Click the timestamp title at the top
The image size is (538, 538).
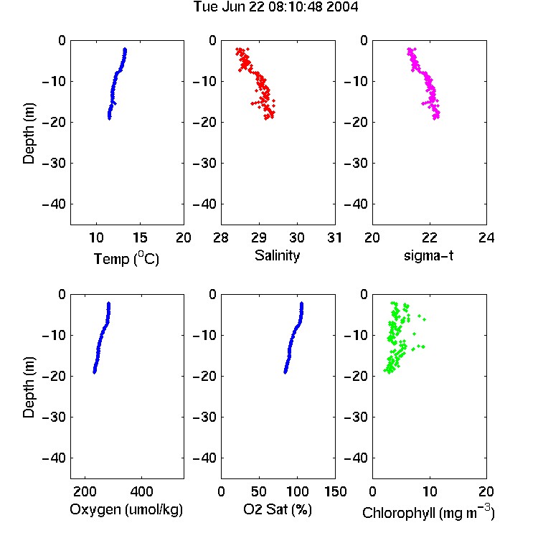tap(276, 7)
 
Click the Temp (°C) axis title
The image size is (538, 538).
tap(126, 258)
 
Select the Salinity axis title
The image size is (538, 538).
tap(277, 255)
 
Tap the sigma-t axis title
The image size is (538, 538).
tap(428, 255)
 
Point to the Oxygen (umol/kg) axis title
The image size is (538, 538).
tap(126, 509)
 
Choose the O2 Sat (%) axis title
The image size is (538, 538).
tap(278, 509)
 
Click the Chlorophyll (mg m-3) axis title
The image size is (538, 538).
tap(428, 512)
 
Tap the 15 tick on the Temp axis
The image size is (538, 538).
tap(140, 237)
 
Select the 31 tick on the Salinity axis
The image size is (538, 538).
tap(335, 237)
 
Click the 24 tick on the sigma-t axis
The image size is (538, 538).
tap(486, 237)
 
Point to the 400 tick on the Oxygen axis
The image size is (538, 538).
tap(142, 491)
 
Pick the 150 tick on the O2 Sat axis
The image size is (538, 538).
tap(335, 491)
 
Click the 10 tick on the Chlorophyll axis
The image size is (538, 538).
tap(429, 491)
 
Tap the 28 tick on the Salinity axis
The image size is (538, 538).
tap(221, 237)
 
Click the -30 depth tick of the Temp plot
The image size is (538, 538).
tap(54, 163)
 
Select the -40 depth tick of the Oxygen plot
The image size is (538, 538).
tap(54, 458)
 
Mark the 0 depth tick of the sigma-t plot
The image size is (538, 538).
tap(364, 40)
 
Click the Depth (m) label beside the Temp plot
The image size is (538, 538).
tap(29, 133)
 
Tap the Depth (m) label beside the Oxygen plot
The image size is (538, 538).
tap(29, 387)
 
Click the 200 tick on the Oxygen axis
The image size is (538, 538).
tap(85, 491)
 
